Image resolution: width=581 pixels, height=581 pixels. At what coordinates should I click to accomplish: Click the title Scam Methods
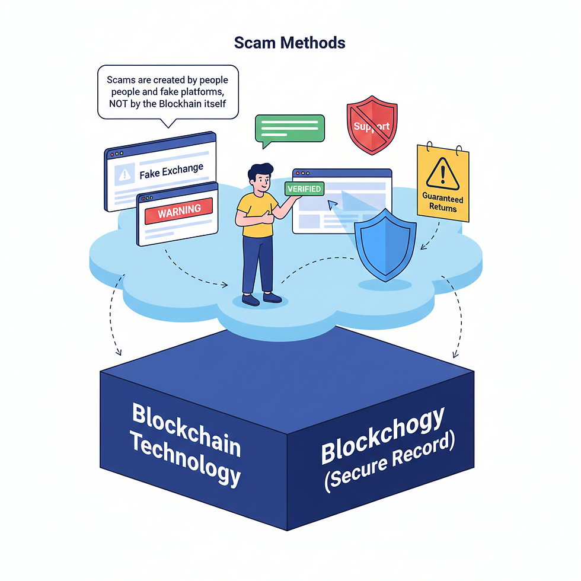290,43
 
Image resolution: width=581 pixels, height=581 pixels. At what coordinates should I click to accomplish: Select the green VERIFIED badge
304,189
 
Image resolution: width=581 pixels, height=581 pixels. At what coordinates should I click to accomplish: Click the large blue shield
384,243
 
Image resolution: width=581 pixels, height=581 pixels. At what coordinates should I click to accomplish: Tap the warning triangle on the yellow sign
440,173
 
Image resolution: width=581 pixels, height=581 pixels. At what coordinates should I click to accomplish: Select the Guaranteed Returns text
443,203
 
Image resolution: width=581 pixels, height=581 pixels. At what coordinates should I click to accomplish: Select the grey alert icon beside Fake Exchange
124,174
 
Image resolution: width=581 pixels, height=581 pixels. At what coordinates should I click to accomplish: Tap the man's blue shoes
261,299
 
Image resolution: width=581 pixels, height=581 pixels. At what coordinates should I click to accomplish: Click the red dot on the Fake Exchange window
110,153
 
